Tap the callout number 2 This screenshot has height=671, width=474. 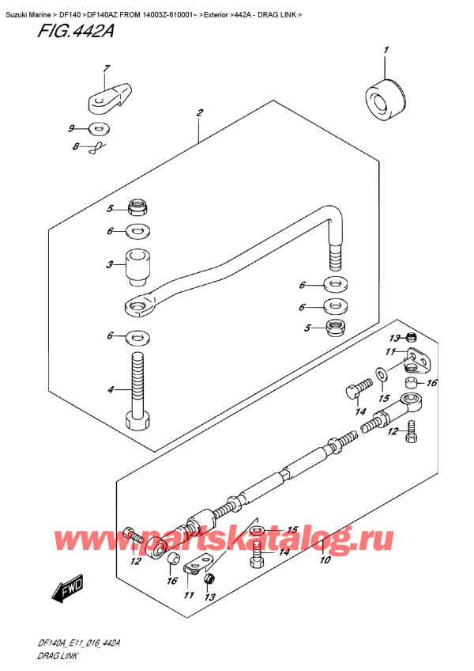tap(201, 113)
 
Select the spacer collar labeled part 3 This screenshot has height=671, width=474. tap(139, 267)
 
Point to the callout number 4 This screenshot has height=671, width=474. tap(111, 389)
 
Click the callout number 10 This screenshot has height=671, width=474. tap(324, 561)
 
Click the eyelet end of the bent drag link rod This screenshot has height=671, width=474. tap(140, 302)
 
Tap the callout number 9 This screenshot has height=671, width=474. tap(71, 128)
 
